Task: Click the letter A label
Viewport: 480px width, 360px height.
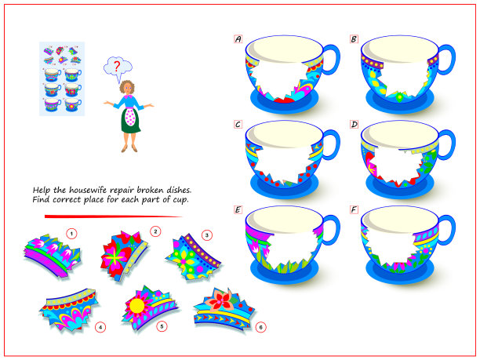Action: (238, 39)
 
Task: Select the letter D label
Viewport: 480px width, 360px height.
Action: (354, 125)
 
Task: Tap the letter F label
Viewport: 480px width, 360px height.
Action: (354, 209)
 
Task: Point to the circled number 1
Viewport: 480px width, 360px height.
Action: (71, 235)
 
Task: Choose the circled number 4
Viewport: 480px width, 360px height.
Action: (100, 327)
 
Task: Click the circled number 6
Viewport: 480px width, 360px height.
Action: (261, 327)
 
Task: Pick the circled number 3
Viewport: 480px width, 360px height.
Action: (207, 235)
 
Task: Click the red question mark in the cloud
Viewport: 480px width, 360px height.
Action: (117, 67)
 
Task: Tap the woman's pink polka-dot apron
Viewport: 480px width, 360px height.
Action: (130, 116)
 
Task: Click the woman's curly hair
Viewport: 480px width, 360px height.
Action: (127, 87)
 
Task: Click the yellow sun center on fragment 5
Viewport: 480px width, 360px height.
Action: (136, 306)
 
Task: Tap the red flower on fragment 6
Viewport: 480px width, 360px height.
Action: (220, 300)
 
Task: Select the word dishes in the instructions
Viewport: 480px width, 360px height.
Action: (179, 190)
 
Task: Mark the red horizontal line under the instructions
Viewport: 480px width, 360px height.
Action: (113, 216)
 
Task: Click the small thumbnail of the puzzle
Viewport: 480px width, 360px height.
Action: (62, 79)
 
